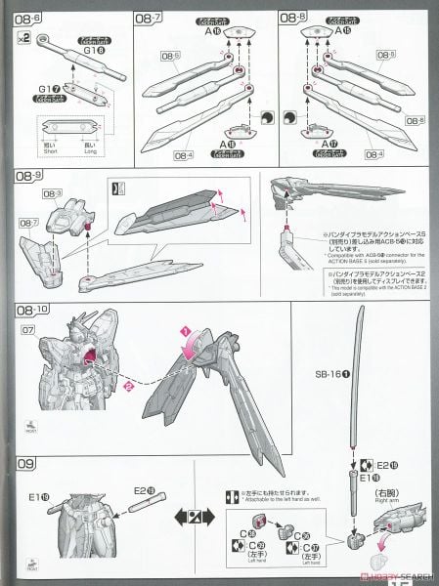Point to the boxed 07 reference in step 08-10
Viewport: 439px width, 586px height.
tap(22, 330)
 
